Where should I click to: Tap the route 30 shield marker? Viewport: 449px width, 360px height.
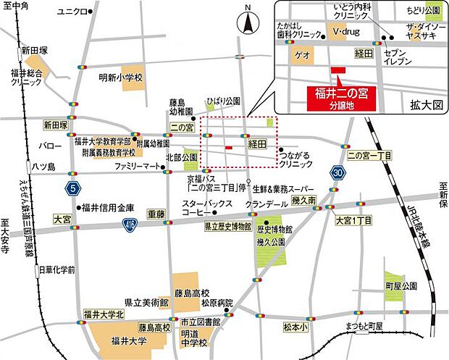338,172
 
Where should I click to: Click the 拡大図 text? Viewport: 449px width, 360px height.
425,105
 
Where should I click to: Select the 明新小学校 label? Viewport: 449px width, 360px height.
122,78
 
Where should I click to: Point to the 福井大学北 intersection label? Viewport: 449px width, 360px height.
104,314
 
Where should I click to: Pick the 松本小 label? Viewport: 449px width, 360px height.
295,328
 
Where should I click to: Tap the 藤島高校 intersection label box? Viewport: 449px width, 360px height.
152,327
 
